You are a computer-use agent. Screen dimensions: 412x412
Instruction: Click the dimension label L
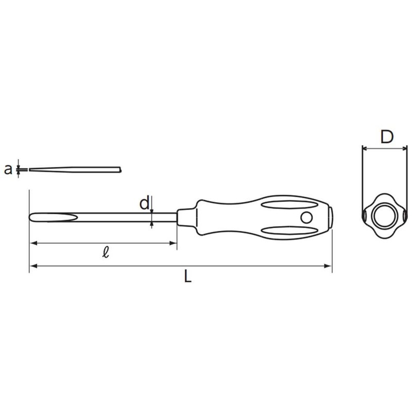[188, 277]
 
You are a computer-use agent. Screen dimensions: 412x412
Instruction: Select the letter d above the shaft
[145, 203]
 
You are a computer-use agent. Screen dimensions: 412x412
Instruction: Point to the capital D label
[386, 137]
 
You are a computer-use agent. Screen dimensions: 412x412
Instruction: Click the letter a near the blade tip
[8, 169]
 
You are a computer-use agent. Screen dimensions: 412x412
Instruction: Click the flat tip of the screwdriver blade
[32, 217]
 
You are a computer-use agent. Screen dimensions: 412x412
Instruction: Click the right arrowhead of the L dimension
[328, 266]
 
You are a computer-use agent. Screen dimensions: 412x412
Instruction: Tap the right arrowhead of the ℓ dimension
[174, 243]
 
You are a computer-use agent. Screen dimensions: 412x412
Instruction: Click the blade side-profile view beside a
[75, 169]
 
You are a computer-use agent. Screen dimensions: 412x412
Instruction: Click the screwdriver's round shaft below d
[124, 217]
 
